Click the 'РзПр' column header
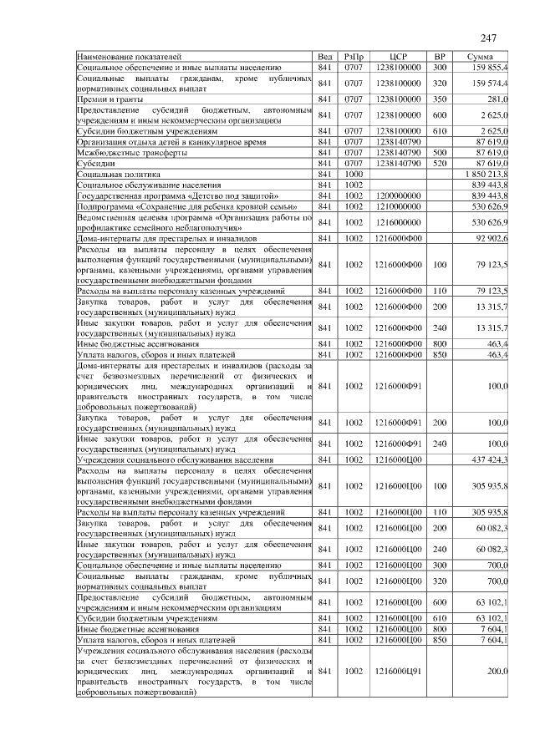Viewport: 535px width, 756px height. point(354,57)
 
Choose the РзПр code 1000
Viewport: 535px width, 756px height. point(354,173)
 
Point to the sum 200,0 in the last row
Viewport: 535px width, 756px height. point(498,671)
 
